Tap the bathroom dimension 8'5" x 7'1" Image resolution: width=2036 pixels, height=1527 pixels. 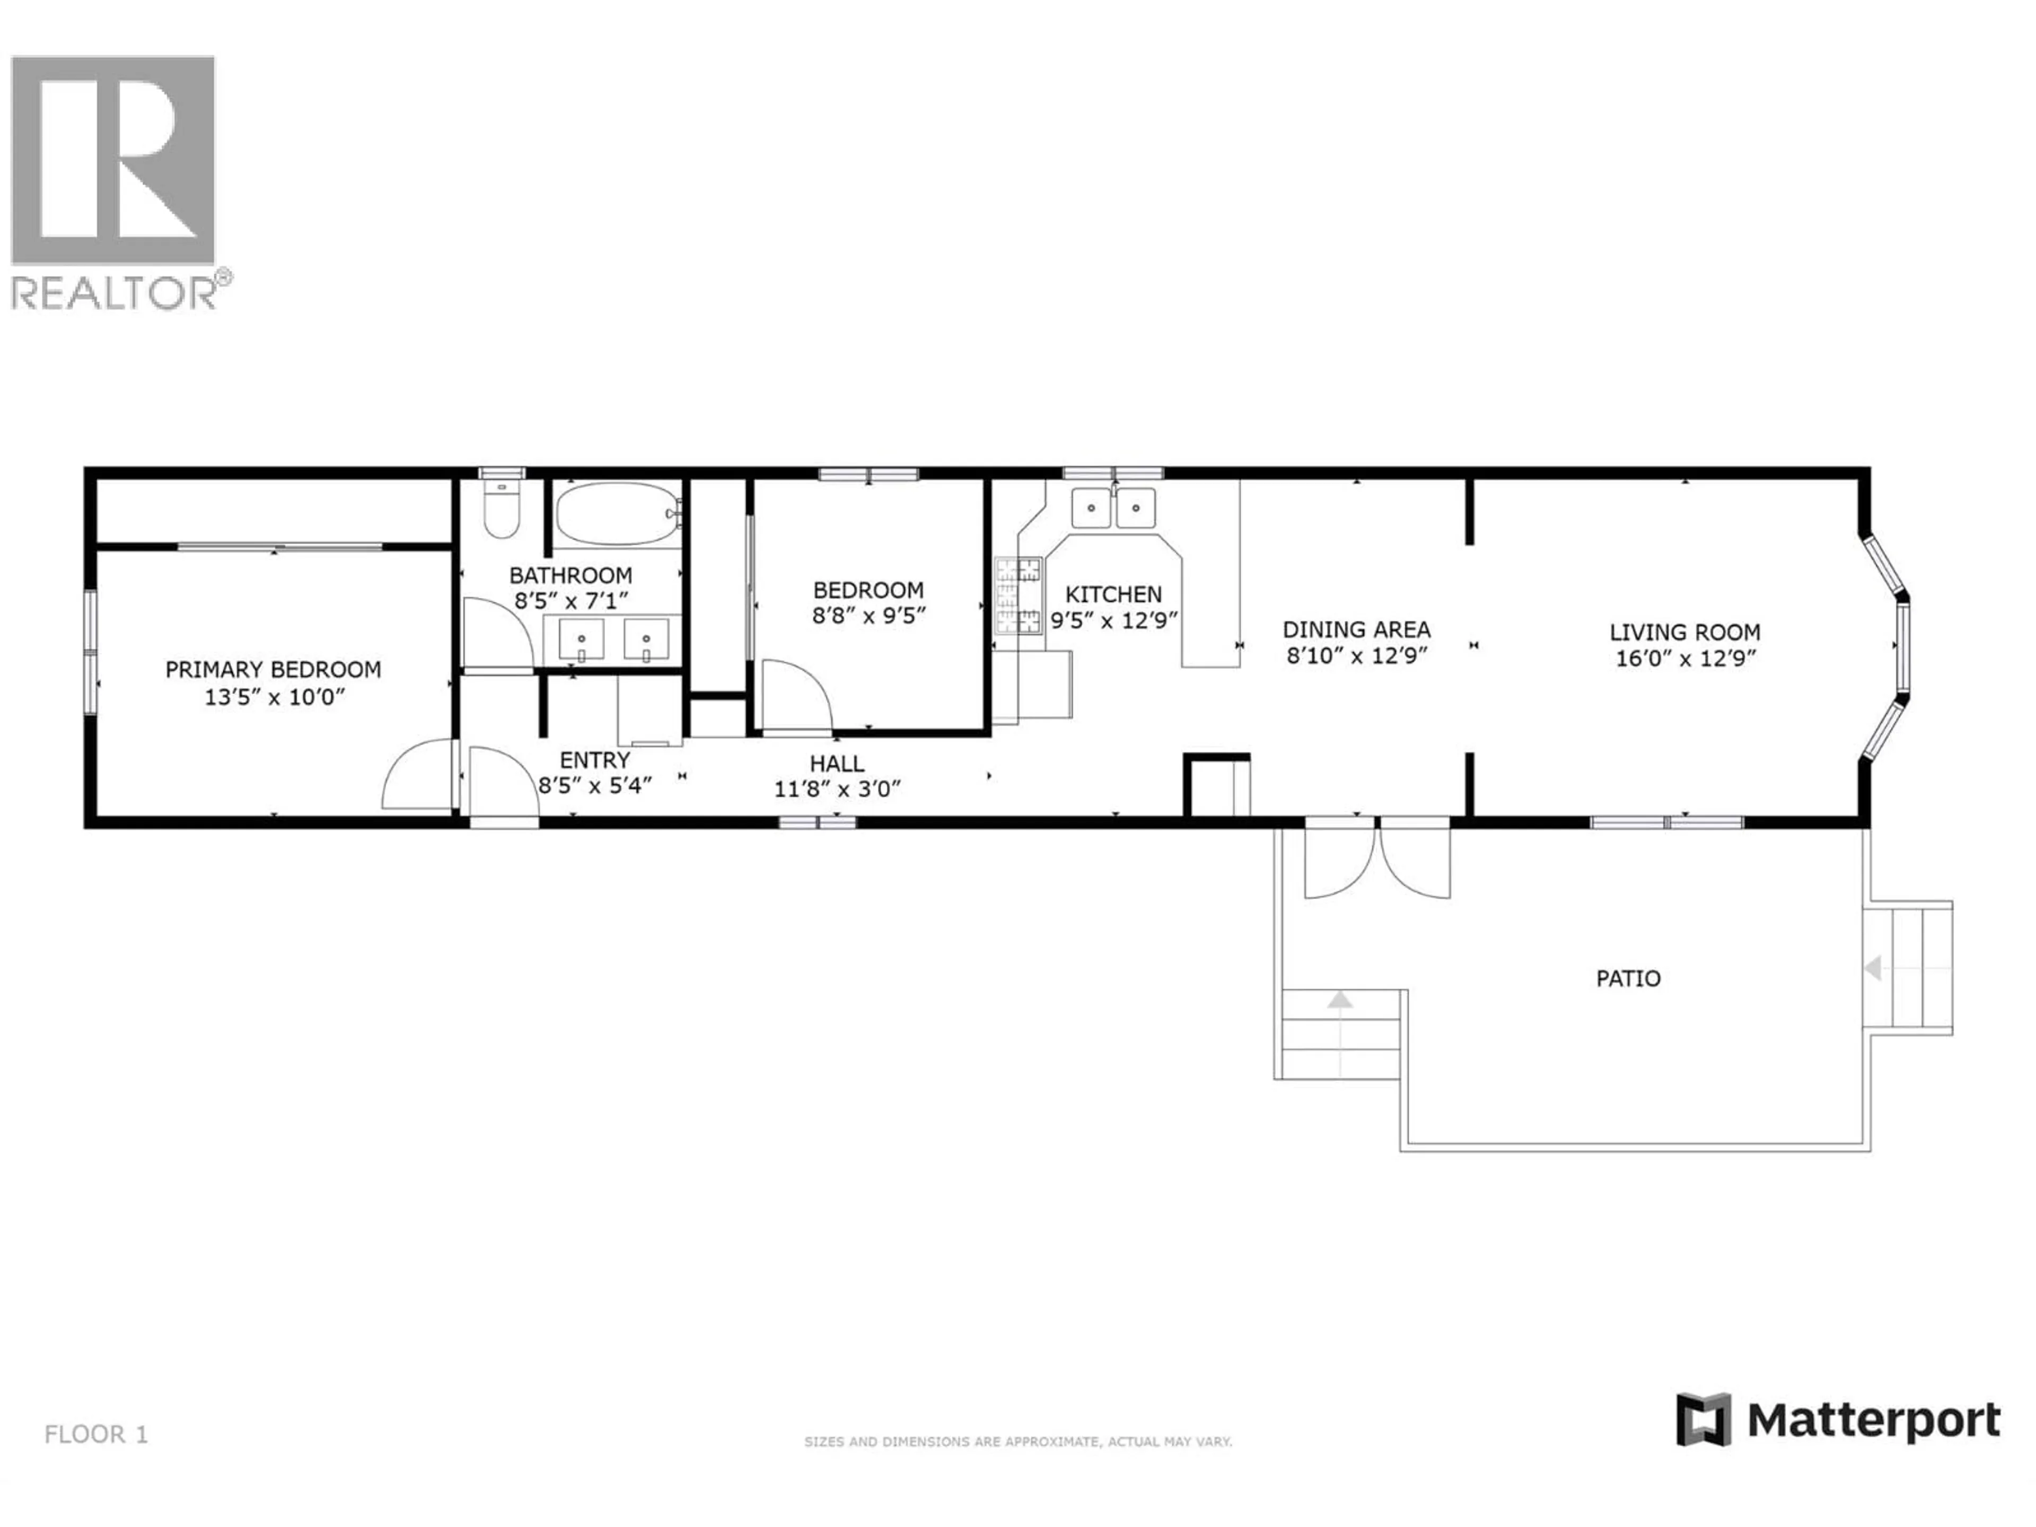pos(571,602)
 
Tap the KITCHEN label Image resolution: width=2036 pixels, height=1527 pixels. pos(1114,594)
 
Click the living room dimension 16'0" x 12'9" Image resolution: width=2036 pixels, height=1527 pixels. pos(1686,659)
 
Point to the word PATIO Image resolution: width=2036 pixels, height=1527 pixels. pos(1628,978)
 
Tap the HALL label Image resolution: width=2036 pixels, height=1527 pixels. pos(837,763)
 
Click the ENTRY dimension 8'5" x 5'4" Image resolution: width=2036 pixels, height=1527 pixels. pos(594,786)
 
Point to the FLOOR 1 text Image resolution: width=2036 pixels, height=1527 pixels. pos(96,1434)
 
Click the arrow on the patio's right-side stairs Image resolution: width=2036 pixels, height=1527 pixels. pos(1872,968)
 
